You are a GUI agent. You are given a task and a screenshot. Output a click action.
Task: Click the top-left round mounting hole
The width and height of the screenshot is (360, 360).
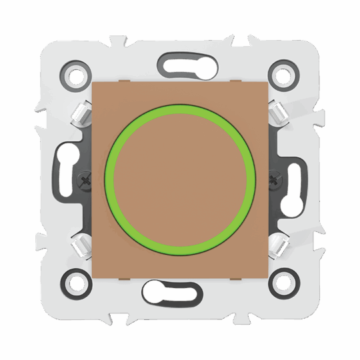77,74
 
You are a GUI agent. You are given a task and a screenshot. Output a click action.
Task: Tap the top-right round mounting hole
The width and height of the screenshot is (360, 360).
282,74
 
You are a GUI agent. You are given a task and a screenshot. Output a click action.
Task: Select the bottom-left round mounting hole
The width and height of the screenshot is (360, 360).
77,283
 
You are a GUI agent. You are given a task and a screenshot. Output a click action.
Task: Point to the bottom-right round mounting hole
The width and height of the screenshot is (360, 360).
282,283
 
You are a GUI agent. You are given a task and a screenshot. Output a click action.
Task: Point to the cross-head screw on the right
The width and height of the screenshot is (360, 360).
273,179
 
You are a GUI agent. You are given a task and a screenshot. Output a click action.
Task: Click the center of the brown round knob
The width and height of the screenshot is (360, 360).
180,179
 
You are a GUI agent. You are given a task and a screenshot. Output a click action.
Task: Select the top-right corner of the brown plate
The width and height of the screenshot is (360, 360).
267,83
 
